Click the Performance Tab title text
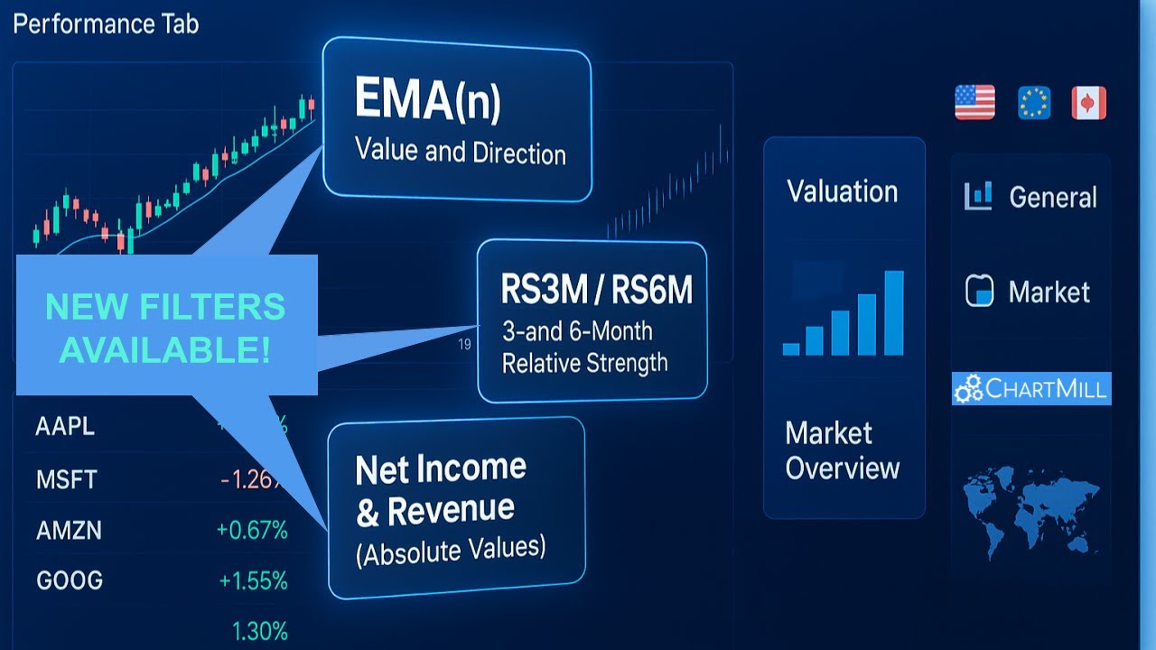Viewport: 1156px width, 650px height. [106, 23]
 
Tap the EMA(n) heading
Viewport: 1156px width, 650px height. [427, 100]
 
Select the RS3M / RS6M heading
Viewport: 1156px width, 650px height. [597, 291]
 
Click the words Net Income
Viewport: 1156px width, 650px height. [441, 469]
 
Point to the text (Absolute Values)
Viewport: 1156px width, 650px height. [451, 549]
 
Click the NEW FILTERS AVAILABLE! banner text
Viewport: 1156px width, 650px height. [165, 328]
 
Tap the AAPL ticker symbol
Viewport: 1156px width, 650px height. [65, 427]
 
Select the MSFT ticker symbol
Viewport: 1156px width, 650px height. [67, 479]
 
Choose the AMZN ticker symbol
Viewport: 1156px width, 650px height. [69, 531]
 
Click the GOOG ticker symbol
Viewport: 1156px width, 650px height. [69, 580]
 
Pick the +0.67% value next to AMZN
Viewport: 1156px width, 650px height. [252, 531]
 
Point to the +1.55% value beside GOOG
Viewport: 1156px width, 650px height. [252, 580]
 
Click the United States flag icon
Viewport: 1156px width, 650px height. [974, 103]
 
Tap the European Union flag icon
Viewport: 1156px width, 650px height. [1034, 103]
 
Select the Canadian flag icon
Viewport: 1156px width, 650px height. [1088, 103]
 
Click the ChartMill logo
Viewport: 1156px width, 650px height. [1031, 389]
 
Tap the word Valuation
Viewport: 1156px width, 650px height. [843, 191]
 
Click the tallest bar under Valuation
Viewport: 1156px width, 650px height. [893, 312]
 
